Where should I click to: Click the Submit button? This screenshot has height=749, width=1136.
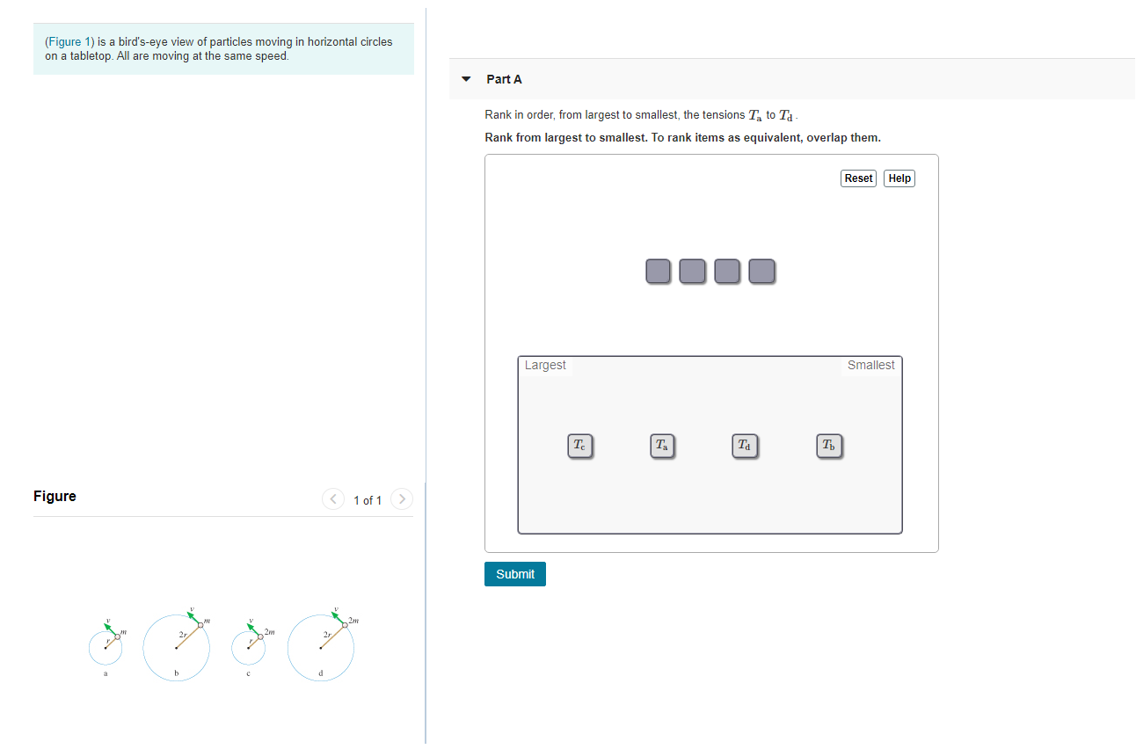[514, 574]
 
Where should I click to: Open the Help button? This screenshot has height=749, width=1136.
[899, 178]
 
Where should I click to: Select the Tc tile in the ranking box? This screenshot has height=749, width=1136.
[579, 446]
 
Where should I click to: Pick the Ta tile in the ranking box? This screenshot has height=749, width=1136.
[662, 446]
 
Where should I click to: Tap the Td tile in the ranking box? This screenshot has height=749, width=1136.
[745, 446]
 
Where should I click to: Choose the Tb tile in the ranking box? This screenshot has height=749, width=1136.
[828, 446]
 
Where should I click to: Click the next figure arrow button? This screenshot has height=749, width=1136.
[402, 499]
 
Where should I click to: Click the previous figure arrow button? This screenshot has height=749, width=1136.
[333, 499]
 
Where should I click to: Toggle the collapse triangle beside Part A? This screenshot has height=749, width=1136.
[466, 79]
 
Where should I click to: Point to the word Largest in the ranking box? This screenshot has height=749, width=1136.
[545, 365]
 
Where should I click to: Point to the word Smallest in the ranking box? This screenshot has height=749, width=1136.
[870, 365]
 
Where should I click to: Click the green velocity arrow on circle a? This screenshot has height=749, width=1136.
[111, 629]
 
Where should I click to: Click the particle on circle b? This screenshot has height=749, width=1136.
[200, 625]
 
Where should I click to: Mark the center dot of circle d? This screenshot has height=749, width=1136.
[321, 648]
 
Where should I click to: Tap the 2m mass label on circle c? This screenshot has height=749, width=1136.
[269, 632]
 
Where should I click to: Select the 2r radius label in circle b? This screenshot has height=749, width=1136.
[183, 635]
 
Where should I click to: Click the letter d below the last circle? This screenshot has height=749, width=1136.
[321, 673]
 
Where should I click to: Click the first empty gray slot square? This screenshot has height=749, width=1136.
[658, 271]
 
